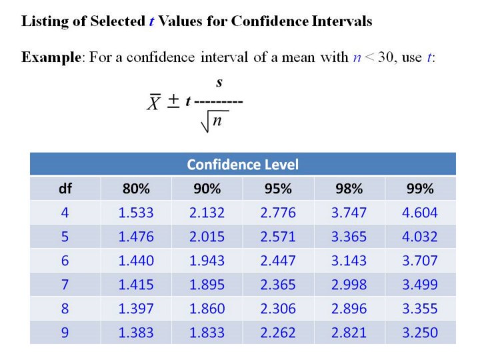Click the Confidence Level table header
[x=243, y=164]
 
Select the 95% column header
[x=278, y=189]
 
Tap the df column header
[x=65, y=189]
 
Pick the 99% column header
[x=420, y=189]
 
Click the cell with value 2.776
[x=278, y=213]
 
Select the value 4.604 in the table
[x=420, y=213]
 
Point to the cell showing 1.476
[x=136, y=237]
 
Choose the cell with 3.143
[x=349, y=261]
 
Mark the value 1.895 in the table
[x=207, y=285]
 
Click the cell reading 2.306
[x=278, y=309]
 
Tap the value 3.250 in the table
[x=420, y=332]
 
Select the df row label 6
[x=65, y=261]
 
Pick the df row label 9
[x=65, y=332]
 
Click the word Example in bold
[x=51, y=57]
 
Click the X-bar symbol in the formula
[x=155, y=103]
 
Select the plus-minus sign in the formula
[x=173, y=101]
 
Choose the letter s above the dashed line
[x=218, y=83]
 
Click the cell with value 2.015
[x=207, y=237]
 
